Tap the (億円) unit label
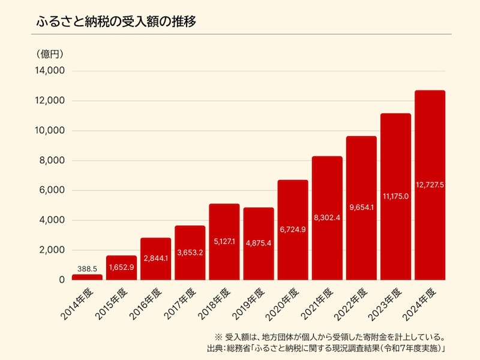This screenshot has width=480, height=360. pyautogui.click(x=51, y=54)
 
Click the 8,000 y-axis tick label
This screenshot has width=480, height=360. pyautogui.click(x=52, y=161)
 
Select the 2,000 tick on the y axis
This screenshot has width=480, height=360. pyautogui.click(x=52, y=250)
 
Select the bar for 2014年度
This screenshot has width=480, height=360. pyautogui.click(x=87, y=277)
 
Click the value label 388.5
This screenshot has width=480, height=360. pyautogui.click(x=87, y=269)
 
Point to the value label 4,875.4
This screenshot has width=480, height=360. pyautogui.click(x=259, y=245)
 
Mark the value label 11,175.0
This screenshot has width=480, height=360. pyautogui.click(x=395, y=196)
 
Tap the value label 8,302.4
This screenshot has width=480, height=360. pyautogui.click(x=327, y=217)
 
